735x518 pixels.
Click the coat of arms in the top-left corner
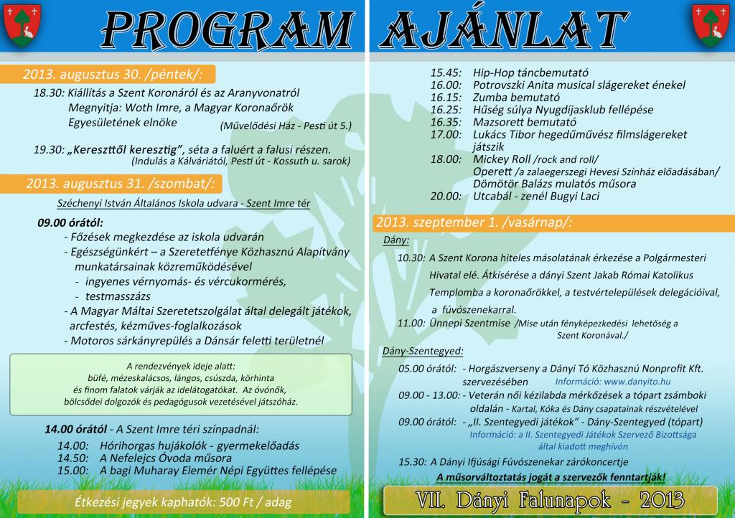coord(22,24)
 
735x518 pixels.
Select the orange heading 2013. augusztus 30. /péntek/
coord(113,74)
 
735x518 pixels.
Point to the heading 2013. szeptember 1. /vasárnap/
coord(473,222)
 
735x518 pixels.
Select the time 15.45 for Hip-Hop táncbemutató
coord(445,73)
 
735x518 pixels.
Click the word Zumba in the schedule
coord(490,98)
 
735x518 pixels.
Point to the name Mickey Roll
coord(502,159)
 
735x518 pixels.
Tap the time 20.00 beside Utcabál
coord(445,196)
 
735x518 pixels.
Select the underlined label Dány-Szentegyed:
coord(422,352)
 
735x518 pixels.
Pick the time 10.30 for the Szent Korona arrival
coord(411,257)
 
